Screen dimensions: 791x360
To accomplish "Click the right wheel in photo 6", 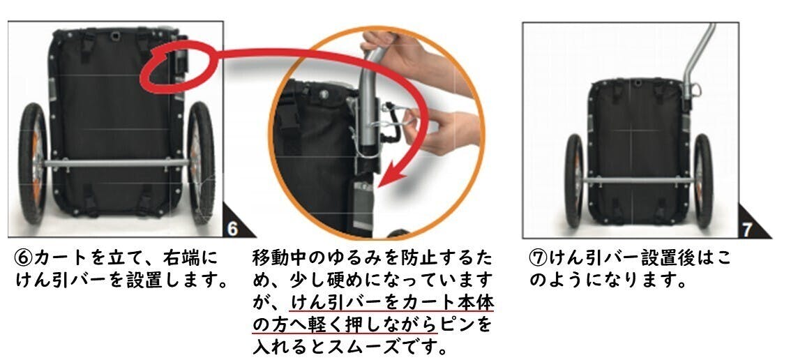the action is point(202,163).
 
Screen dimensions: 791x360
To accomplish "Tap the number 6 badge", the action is point(232,229).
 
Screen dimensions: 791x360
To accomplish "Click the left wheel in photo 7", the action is point(574,180).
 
